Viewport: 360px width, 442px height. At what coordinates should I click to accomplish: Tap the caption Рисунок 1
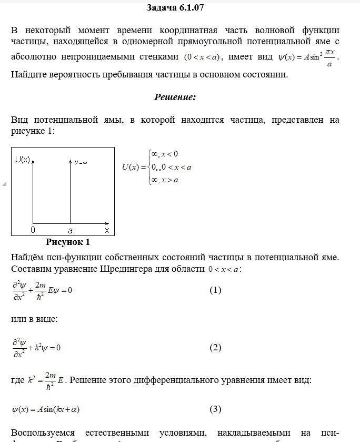(68, 242)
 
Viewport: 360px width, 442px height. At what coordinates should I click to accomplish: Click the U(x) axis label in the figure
(22, 159)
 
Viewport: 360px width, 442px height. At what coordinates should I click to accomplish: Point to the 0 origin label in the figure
(33, 230)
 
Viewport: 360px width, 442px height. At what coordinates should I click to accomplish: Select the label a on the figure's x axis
(70, 230)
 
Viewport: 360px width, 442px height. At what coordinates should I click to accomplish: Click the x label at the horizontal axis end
(107, 230)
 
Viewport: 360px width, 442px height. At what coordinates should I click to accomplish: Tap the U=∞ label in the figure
(81, 162)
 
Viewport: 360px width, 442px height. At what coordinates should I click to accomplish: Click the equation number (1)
(215, 290)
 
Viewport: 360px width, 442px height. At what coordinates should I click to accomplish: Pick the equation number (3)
(215, 409)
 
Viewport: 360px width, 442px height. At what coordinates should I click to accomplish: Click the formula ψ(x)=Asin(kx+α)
(46, 409)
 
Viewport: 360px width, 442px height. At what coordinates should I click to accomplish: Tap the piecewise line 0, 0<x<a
(171, 168)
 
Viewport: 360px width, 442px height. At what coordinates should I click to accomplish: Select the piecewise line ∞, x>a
(165, 180)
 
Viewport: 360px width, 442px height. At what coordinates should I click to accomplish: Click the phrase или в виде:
(34, 319)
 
